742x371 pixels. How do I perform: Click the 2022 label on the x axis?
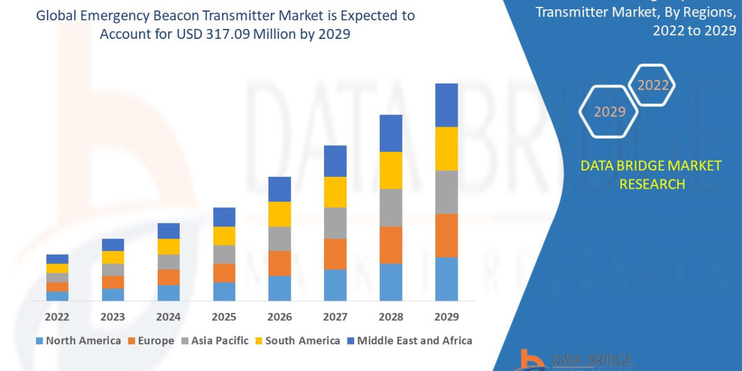point(58,317)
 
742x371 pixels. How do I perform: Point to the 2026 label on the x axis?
point(279,317)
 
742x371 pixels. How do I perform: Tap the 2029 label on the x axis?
point(446,317)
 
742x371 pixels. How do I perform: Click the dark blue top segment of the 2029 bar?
point(446,105)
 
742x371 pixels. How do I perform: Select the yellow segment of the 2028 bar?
point(391,170)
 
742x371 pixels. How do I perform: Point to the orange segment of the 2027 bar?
point(335,254)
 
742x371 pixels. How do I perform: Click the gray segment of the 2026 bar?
point(279,239)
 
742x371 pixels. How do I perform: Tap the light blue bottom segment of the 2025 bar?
point(224,291)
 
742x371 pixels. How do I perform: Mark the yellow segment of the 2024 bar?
point(169,247)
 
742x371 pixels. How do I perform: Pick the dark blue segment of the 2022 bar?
point(58,259)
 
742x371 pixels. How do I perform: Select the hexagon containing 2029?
point(609,112)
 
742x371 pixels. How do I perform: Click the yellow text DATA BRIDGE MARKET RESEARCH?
point(652,175)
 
